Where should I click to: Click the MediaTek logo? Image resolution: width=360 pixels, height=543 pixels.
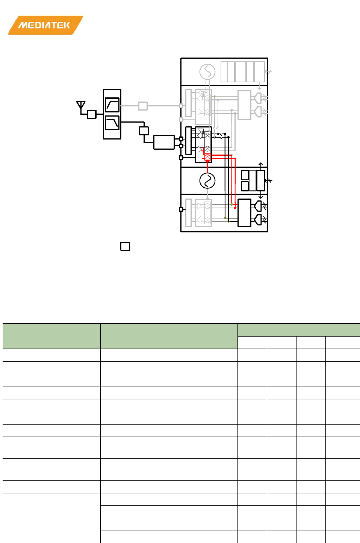[x=45, y=25]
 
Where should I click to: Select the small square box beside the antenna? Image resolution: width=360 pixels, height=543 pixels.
[x=92, y=114]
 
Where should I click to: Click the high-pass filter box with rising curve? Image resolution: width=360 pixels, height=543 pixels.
[x=112, y=105]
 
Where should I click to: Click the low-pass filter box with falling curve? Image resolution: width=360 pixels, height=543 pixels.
[x=112, y=123]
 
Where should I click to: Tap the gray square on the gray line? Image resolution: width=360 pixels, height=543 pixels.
[x=143, y=106]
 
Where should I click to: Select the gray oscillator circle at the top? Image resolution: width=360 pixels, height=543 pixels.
[x=207, y=72]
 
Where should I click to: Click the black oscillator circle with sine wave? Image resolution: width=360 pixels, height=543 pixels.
[x=207, y=180]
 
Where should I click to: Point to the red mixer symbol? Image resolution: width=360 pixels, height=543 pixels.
[x=207, y=157]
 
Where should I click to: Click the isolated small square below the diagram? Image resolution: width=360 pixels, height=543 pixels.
[x=125, y=246]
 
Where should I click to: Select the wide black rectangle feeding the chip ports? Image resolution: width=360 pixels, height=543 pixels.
[x=164, y=142]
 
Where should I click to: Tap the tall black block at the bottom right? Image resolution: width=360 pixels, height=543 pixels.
[x=244, y=213]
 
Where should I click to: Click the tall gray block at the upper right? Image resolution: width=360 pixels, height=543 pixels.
[x=244, y=105]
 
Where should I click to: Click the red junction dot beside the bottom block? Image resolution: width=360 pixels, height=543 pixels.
[x=235, y=208]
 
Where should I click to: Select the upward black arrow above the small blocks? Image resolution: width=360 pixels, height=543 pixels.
[x=261, y=166]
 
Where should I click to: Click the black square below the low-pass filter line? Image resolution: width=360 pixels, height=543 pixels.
[x=144, y=131]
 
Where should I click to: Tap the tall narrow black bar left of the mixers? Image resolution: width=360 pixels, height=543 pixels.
[x=189, y=141]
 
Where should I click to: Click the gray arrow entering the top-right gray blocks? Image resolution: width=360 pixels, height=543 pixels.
[x=268, y=72]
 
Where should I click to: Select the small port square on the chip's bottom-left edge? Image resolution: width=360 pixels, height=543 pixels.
[x=181, y=209]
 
